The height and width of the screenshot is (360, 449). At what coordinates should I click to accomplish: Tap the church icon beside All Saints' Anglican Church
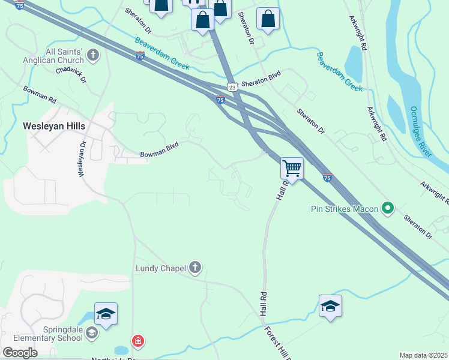[92, 56]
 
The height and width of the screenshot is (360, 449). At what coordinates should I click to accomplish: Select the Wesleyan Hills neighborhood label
[54, 126]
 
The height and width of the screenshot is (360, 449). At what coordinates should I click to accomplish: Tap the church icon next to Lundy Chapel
[194, 267]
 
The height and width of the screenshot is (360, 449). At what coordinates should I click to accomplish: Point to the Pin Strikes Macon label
[345, 209]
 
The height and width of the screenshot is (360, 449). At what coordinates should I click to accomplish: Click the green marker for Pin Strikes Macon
[388, 209]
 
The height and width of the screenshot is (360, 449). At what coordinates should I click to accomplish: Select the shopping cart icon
[292, 168]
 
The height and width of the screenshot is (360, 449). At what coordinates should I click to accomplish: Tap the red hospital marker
[139, 341]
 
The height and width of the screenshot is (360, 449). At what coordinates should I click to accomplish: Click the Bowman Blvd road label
[160, 154]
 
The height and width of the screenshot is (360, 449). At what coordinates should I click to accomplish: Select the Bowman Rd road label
[40, 94]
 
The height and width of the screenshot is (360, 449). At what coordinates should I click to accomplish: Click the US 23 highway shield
[233, 86]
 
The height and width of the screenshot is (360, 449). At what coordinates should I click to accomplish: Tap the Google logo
[20, 353]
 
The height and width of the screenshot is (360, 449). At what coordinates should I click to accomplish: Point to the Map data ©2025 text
[424, 355]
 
